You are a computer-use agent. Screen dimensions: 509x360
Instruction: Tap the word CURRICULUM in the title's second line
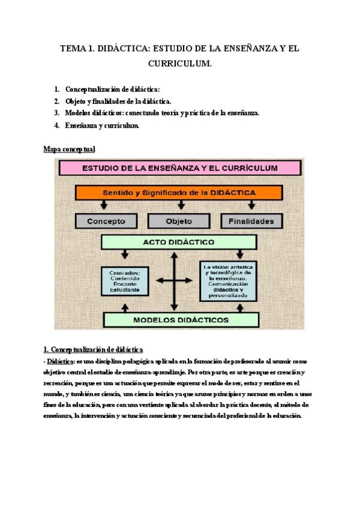pyautogui.click(x=179, y=62)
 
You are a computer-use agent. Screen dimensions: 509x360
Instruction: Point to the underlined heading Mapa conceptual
pyautogui.click(x=70, y=148)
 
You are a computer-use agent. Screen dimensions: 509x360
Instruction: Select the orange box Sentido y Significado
pyautogui.click(x=179, y=193)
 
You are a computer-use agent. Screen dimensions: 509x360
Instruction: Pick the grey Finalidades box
pyautogui.click(x=251, y=221)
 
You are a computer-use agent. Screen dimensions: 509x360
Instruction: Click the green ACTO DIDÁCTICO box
pyautogui.click(x=178, y=242)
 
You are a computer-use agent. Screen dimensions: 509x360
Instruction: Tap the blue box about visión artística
pyautogui.click(x=231, y=280)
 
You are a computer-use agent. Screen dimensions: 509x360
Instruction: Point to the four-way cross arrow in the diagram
pyautogui.click(x=175, y=280)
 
